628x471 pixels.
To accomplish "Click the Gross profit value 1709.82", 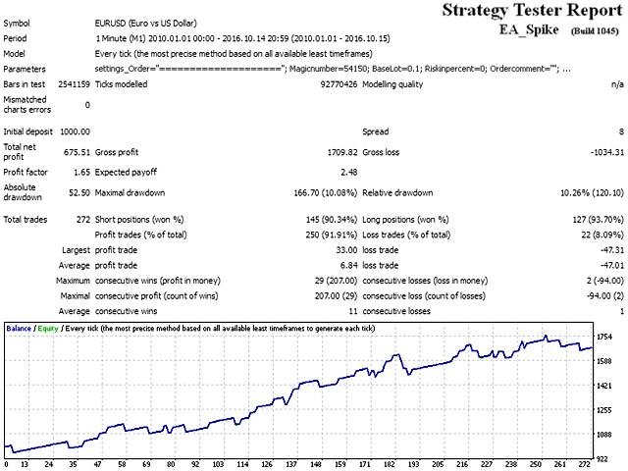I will pos(338,152).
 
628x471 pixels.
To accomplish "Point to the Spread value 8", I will pos(620,131).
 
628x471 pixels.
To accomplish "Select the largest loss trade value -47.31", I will pos(607,249).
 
